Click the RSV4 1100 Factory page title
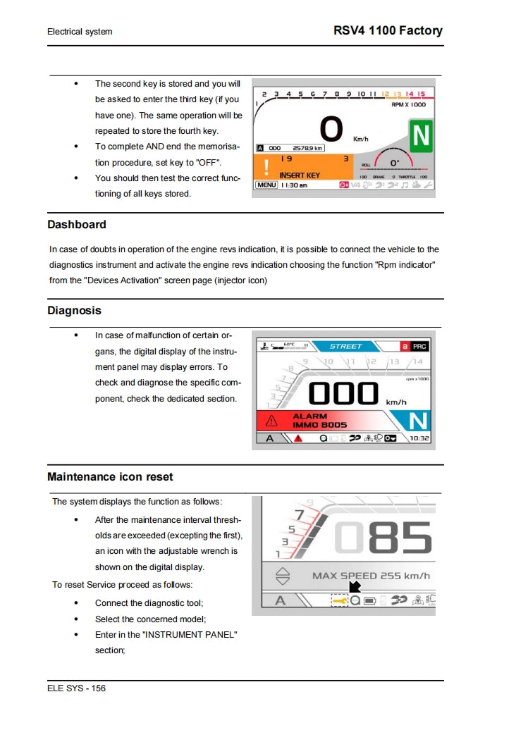tap(388, 30)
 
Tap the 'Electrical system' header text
tap(80, 32)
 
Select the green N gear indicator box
tap(422, 136)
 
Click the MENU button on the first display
tap(266, 185)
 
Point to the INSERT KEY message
tap(299, 175)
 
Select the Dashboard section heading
tap(77, 225)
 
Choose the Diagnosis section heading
tap(74, 311)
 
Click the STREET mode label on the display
tap(345, 346)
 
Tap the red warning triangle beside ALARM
tap(271, 421)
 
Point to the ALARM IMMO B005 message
tap(319, 421)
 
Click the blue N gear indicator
tap(418, 421)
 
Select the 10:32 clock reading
tap(419, 438)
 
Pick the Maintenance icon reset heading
tap(110, 477)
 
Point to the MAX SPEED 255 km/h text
tap(371, 576)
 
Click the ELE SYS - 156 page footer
tap(77, 688)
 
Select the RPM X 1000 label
tap(408, 104)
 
